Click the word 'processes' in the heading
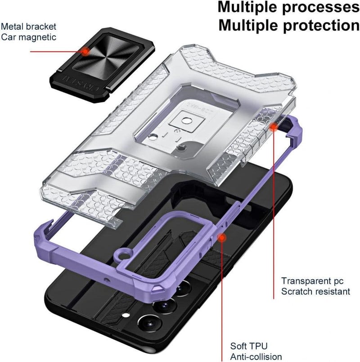[x=321, y=8]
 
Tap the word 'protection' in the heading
[x=321, y=25]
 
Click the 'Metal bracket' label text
[x=28, y=27]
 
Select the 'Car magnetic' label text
[x=28, y=37]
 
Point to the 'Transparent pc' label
[x=312, y=281]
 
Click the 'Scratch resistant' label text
[x=316, y=291]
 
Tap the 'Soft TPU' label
[x=249, y=346]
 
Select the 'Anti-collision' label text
[x=256, y=357]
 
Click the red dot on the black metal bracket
[x=86, y=51]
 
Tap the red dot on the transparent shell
[x=274, y=127]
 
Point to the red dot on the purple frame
[x=221, y=238]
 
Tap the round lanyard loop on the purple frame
[x=123, y=256]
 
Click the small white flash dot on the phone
[x=126, y=315]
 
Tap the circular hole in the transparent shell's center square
[x=186, y=121]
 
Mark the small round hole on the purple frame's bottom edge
[x=106, y=280]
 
